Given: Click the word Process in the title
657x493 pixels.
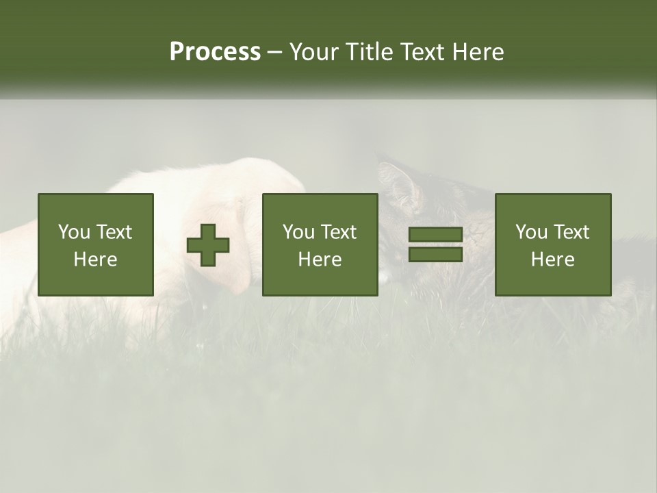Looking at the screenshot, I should [x=215, y=52].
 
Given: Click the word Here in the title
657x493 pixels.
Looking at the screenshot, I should [x=479, y=52].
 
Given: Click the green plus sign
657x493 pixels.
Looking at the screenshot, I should [x=209, y=245].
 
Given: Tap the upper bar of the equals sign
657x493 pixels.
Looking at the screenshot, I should [x=435, y=235].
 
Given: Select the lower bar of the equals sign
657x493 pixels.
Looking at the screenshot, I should [x=435, y=255].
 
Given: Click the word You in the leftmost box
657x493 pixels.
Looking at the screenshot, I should [x=74, y=232].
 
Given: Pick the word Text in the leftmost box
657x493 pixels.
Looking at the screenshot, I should [x=114, y=232].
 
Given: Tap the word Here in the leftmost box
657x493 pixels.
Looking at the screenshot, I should [x=95, y=260].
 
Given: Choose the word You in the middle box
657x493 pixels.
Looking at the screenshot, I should [x=298, y=232].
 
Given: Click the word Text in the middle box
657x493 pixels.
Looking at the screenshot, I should [x=338, y=232].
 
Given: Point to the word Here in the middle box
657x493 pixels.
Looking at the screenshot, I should [x=320, y=260].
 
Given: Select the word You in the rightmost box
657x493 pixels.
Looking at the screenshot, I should [x=531, y=232].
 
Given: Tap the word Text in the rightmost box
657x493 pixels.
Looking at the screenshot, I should [x=571, y=232].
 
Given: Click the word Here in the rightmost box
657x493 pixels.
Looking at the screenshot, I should [x=552, y=260].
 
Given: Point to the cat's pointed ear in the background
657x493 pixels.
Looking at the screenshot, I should [x=400, y=181].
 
